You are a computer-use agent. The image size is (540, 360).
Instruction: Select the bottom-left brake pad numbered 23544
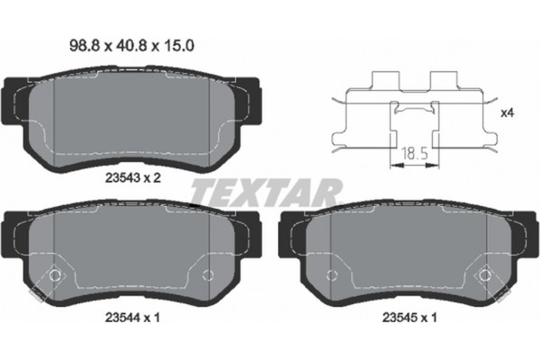(x=135, y=256)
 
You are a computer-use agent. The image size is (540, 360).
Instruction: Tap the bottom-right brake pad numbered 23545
(x=405, y=256)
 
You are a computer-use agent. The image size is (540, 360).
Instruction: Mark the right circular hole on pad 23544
(x=209, y=275)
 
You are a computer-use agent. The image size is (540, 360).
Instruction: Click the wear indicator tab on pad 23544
(x=37, y=293)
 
